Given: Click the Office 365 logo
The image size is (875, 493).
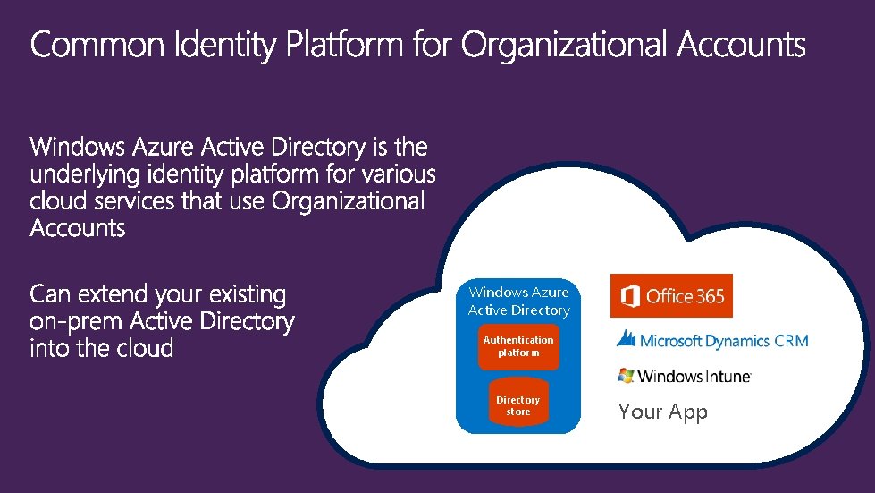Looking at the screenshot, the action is (x=671, y=296).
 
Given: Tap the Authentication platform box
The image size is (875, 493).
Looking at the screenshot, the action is (x=518, y=346).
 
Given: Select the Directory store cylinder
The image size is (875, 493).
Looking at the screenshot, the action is (x=518, y=405).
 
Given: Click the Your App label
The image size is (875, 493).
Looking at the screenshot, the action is (x=662, y=412).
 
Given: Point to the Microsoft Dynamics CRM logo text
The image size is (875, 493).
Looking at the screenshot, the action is (x=725, y=341).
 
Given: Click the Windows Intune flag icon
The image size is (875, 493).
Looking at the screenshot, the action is (x=626, y=376).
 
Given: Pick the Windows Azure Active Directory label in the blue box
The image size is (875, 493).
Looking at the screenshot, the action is (x=518, y=301).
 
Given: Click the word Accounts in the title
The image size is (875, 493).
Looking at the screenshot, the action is (x=741, y=45).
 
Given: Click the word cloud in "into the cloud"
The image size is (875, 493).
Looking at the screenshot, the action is (x=145, y=348).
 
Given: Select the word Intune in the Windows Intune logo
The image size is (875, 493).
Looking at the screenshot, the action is (x=720, y=377).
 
